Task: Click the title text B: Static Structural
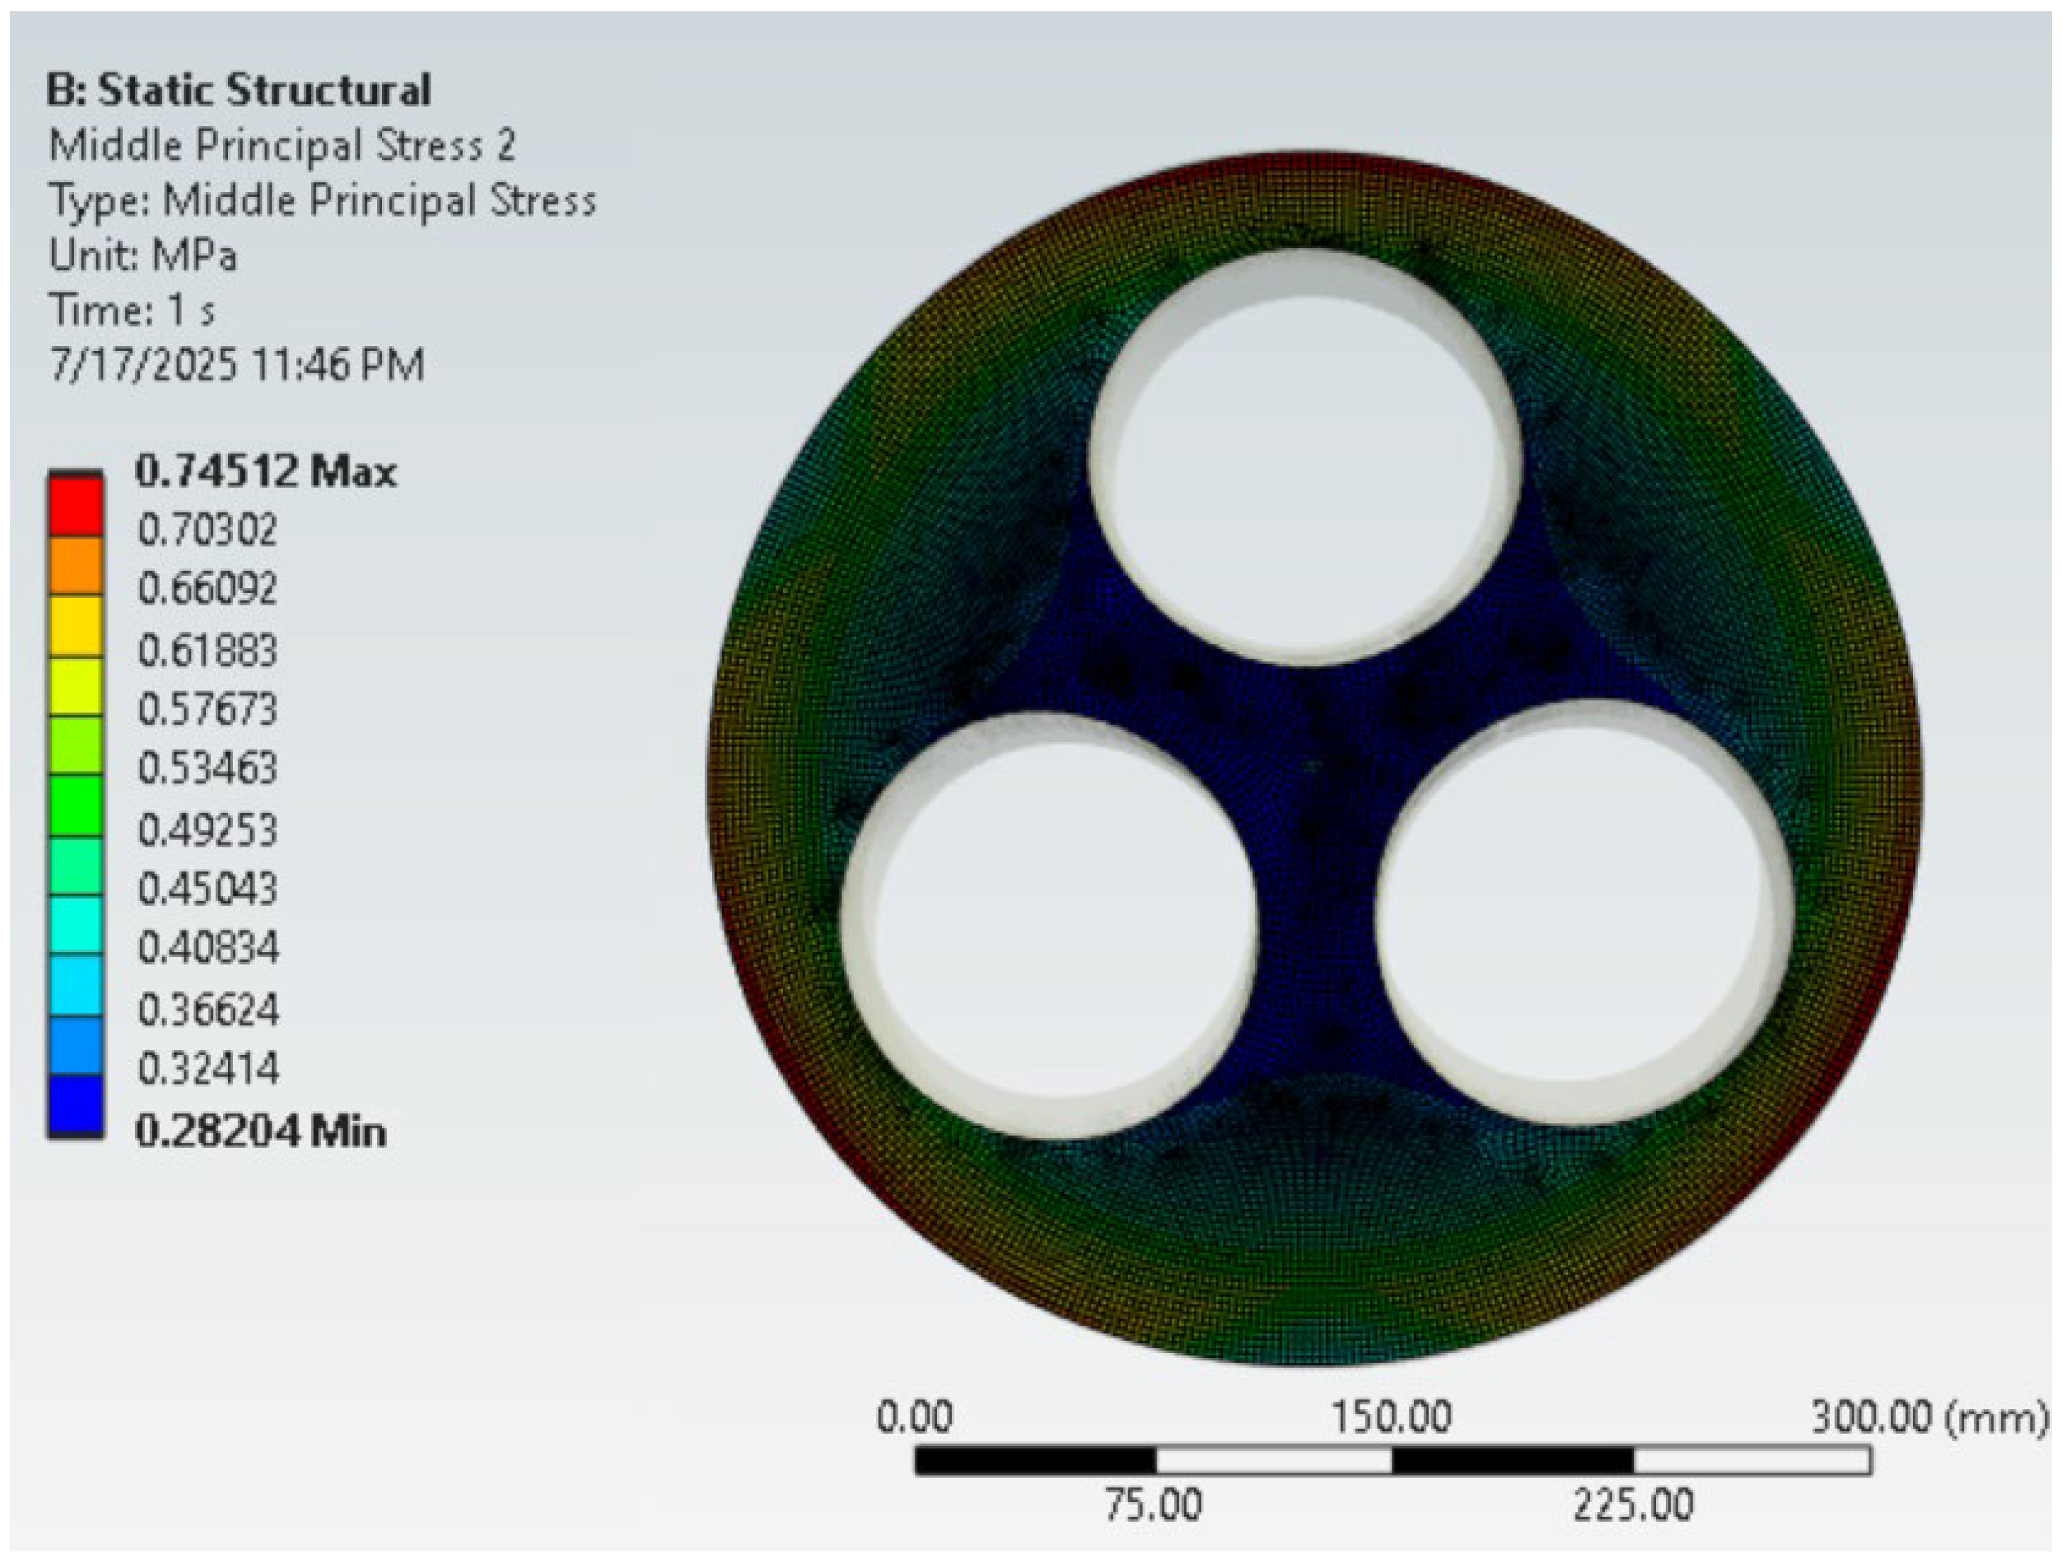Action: [238, 91]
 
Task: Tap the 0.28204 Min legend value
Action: [261, 1132]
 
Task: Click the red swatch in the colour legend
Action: [75, 506]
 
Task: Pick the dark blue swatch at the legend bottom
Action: [75, 1105]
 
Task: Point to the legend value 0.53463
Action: [207, 768]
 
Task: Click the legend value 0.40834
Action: [207, 948]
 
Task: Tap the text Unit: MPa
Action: [143, 255]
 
